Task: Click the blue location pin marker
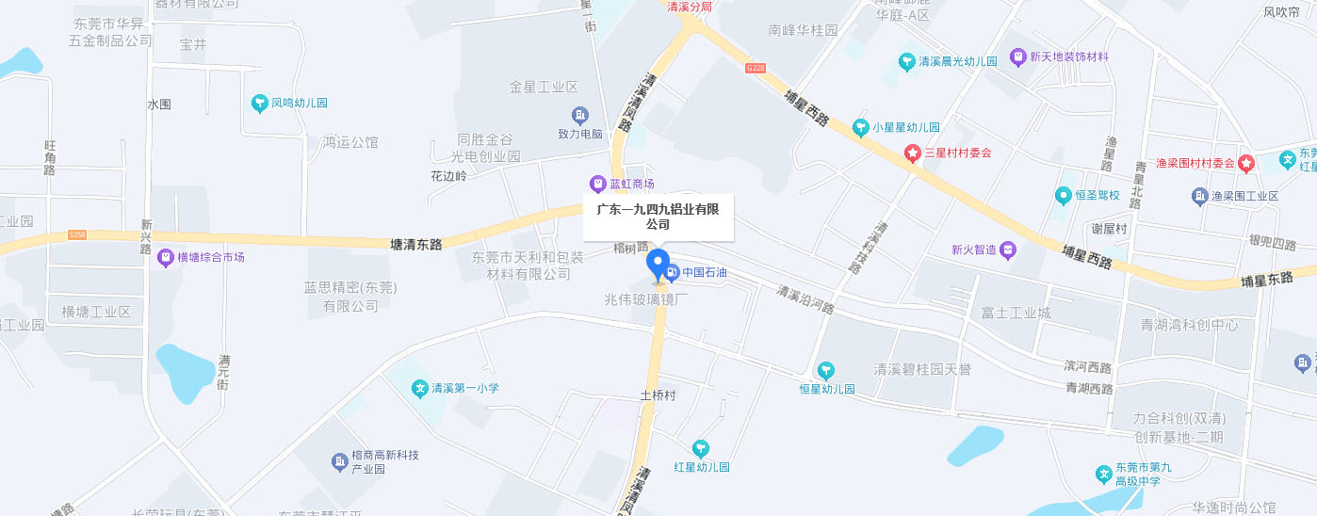(658, 265)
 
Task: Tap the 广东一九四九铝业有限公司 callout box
(658, 217)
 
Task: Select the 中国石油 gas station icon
(672, 273)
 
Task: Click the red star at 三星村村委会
(912, 153)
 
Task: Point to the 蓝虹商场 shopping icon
(596, 183)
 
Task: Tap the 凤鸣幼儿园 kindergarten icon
(260, 103)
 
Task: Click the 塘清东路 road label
(415, 244)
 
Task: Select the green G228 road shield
(756, 68)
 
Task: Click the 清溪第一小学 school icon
(420, 388)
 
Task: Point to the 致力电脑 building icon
(580, 116)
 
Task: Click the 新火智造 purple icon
(1008, 250)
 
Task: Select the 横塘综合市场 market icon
(166, 257)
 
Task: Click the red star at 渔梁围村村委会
(1246, 163)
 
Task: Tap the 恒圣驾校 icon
(1063, 195)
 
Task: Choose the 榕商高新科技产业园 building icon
(339, 461)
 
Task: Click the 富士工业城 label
(1016, 313)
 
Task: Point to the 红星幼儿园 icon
(700, 449)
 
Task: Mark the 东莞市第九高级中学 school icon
(1103, 474)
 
